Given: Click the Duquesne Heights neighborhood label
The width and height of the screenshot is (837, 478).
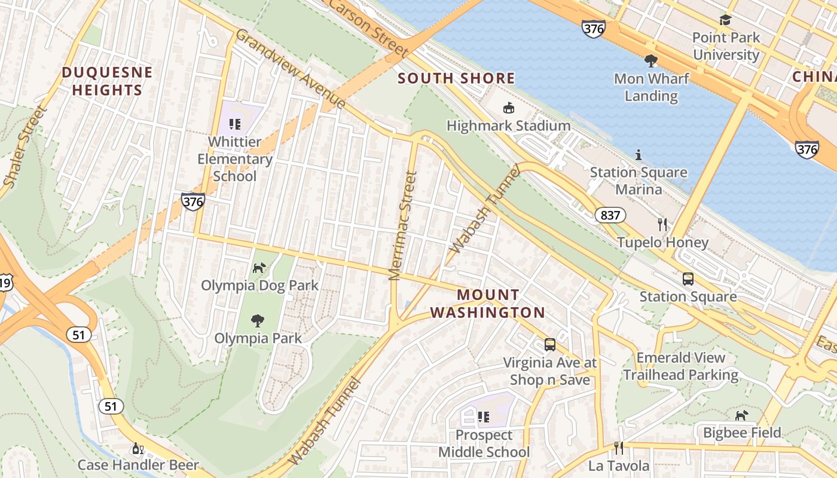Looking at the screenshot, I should pos(102,81).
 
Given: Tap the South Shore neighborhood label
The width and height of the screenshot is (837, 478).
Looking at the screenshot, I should pos(456,78).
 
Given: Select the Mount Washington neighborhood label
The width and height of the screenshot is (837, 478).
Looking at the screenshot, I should pos(487,304).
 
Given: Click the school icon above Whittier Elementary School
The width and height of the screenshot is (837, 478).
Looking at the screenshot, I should pos(235,124).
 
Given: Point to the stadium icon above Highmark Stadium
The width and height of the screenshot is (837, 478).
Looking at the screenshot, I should pos(509,108).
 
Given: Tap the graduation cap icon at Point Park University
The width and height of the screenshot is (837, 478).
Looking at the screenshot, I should pos(726,20).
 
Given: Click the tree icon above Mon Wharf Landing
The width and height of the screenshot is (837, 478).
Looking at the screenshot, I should pos(651,61).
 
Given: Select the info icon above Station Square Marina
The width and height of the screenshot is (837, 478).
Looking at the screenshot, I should pos(639,155).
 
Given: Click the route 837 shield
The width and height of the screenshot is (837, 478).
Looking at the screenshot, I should pos(610,215).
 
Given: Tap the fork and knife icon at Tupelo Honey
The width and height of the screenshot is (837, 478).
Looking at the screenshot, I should pos(662,225).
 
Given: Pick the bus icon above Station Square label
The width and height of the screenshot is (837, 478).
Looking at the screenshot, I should pos(688,279).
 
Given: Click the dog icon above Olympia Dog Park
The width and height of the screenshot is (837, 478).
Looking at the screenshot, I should pos(259,268).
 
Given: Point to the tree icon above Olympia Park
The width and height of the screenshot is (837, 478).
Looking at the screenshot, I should pos(258,321).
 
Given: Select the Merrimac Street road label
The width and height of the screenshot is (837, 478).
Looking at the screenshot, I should pos(402,226).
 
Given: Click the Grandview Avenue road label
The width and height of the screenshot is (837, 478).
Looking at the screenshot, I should pos(291,69).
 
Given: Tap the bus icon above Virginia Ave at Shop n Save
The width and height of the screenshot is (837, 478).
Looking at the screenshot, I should pos(549,345).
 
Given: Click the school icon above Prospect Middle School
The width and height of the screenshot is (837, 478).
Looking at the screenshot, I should pos(484,417).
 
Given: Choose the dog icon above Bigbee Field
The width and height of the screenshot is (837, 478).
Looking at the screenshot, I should pos(742,415).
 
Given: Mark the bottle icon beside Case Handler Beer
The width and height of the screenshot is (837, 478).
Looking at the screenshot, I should pos(138,448).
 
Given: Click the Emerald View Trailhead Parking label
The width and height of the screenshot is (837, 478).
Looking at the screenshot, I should pos(681,366).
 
